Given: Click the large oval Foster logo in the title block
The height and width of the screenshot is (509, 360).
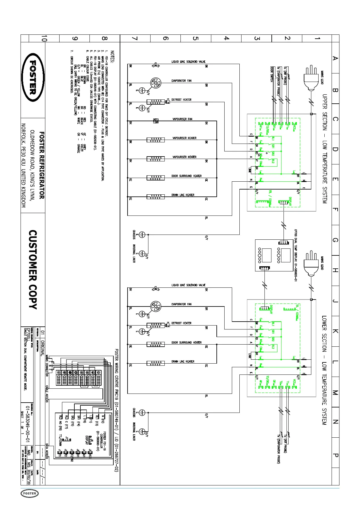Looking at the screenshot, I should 33,78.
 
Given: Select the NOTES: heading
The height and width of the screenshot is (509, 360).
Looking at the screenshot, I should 112,57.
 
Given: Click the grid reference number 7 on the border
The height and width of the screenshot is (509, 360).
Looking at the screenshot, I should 135,38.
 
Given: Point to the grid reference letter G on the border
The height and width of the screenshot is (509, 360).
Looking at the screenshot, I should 335,240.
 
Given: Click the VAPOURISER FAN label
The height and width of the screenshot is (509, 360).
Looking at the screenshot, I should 182,119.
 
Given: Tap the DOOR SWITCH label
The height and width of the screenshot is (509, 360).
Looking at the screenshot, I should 271,74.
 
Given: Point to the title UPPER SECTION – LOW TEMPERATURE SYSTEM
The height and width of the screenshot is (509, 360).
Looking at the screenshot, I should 324,148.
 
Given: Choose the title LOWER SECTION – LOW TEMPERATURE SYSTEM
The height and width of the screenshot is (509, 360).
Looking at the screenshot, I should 324,370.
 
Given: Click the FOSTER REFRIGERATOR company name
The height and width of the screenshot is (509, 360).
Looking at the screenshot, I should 42,165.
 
